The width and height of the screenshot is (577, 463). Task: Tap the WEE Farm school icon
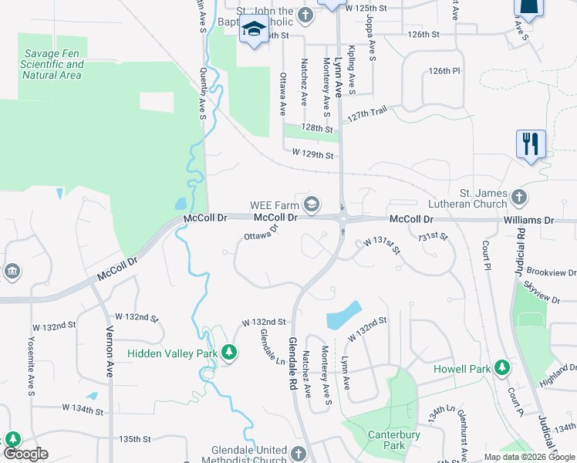click(x=312, y=205)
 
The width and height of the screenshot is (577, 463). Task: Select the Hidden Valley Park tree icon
click(x=229, y=353)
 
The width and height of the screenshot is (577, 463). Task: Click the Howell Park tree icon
click(x=503, y=369)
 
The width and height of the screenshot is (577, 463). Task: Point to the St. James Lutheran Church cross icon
click(x=519, y=198)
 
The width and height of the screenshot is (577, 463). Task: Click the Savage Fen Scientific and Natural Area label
click(x=52, y=65)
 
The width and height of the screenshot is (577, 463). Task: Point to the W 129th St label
click(x=312, y=155)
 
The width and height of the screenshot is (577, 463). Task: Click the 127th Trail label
click(x=366, y=114)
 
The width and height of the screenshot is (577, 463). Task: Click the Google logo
click(x=25, y=454)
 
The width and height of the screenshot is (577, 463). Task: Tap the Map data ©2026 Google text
click(x=528, y=457)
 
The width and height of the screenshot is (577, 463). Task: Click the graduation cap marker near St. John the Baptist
click(x=253, y=31)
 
